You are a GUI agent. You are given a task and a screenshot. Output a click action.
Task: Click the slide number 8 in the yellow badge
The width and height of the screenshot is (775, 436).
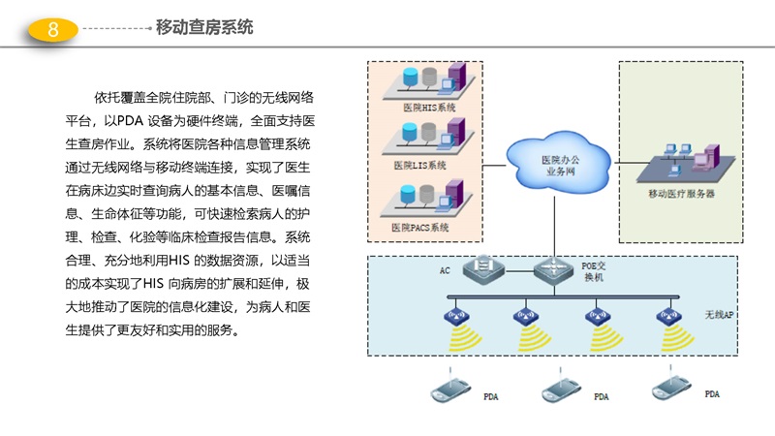[53, 30]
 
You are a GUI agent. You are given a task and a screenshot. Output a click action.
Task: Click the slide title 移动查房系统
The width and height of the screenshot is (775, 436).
[204, 27]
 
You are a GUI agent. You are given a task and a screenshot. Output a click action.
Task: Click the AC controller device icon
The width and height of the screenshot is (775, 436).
[480, 266]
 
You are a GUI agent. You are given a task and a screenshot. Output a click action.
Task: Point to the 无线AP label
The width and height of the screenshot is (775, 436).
[719, 316]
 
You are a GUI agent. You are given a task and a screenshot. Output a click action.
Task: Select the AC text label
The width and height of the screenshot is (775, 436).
[446, 269]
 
